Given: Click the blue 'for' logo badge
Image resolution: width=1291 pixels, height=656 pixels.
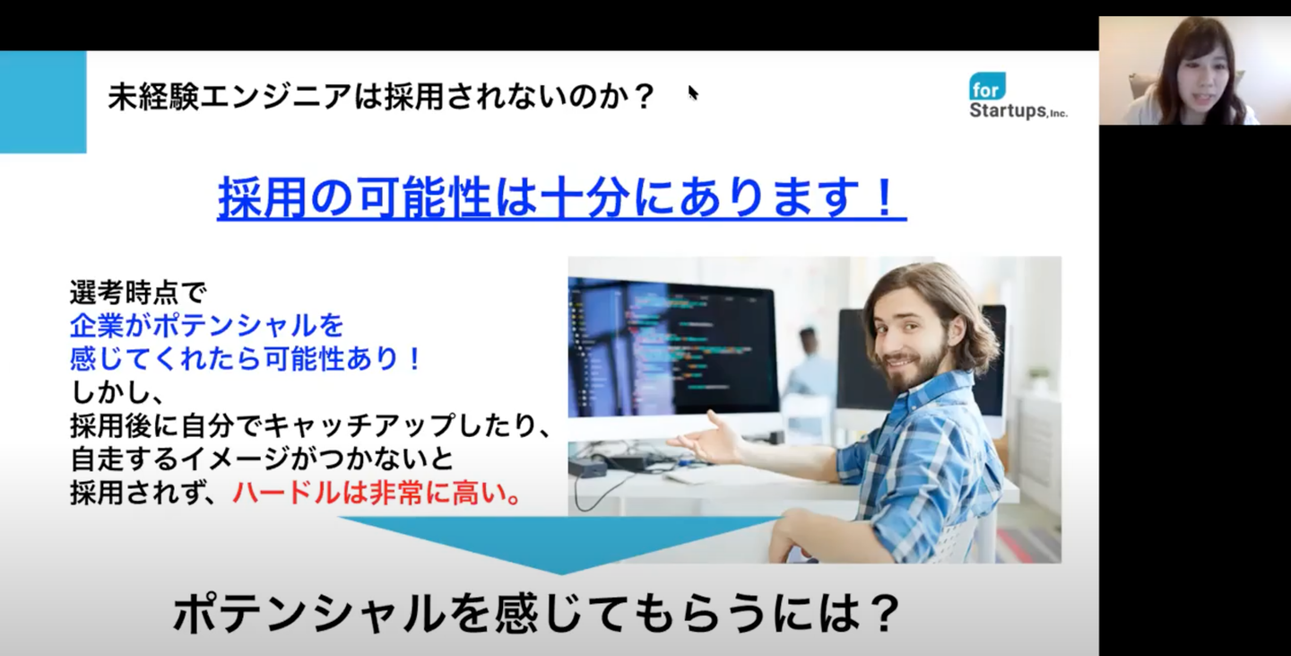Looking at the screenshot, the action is pos(987,86).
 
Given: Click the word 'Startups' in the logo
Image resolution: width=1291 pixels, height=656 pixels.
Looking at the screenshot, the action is pos(1008,110).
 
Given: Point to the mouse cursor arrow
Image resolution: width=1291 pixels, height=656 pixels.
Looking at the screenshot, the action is pos(693,93).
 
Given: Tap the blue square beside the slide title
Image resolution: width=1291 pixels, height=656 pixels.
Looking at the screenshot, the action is pos(43,102).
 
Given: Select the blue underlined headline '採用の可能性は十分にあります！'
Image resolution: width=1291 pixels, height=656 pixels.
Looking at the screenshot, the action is pos(561,197).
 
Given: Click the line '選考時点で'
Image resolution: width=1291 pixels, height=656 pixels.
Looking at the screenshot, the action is pos(138,293).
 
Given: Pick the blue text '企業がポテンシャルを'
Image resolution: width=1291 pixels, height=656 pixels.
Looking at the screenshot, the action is pos(207,326).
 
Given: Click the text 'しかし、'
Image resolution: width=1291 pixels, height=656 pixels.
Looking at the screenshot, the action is pos(117,393).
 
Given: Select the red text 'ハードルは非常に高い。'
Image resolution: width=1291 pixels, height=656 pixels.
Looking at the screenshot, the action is pos(378,494).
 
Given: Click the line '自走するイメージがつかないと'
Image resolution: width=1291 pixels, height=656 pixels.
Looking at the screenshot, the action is pos(262,459).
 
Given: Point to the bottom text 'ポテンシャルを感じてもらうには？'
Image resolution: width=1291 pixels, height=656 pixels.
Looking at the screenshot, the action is pos(536,614).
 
